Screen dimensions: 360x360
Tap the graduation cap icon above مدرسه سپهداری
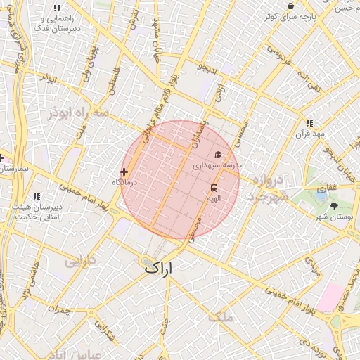point(218,154)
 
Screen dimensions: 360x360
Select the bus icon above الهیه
point(214,188)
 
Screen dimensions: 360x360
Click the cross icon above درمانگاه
point(124,172)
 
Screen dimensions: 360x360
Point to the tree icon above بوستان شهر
point(334,206)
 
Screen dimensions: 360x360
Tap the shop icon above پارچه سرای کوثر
point(291,6)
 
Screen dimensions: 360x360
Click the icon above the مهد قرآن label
point(309,123)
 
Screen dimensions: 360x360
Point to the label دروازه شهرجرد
point(267,188)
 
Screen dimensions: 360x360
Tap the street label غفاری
point(327,188)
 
